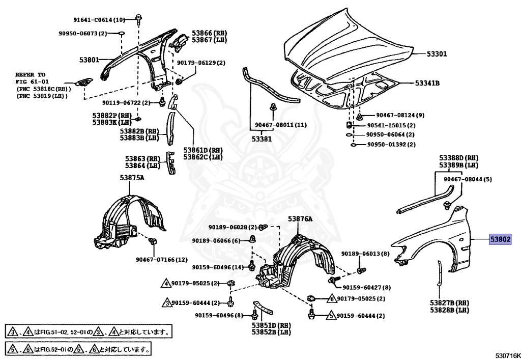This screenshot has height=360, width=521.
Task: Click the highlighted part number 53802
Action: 500,239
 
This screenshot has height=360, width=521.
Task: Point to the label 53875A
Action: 132,178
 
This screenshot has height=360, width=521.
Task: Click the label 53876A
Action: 300,219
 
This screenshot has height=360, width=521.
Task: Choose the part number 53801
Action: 89,60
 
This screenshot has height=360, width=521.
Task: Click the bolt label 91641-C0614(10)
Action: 99,20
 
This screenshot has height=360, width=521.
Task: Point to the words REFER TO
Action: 30,74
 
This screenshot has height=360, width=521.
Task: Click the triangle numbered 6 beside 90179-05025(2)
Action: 331,298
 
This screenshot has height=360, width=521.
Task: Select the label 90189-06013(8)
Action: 365,254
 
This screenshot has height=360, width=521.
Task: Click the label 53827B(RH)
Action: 449,303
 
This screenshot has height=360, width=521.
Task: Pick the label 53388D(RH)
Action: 459,158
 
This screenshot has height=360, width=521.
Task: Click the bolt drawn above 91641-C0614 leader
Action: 138,18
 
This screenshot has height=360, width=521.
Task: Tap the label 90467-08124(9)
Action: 400,116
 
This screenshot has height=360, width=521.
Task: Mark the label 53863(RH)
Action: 142,159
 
